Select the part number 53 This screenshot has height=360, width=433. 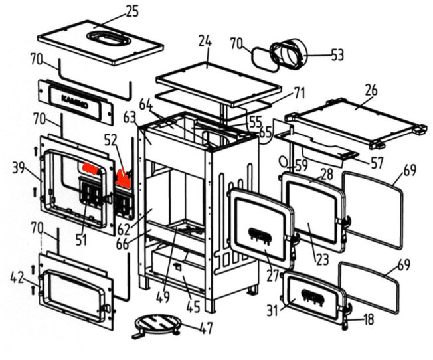click(337, 54)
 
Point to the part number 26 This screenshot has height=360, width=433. click(371, 89)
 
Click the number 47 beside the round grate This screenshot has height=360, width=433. click(206, 327)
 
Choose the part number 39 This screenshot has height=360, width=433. click(19, 167)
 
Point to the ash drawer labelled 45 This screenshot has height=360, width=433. click(176, 269)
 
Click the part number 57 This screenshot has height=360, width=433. click(378, 161)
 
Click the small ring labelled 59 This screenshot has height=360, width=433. click(284, 161)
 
